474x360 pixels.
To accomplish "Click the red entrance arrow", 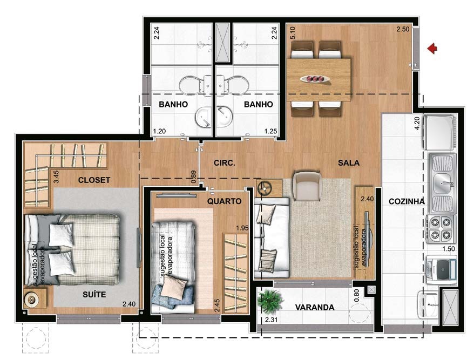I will [x=432, y=49].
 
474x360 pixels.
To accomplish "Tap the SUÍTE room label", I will [x=94, y=294].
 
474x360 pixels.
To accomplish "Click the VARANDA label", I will [x=315, y=307].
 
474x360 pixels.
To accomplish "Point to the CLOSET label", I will [x=94, y=180].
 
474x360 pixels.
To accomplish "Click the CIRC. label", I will [x=224, y=162].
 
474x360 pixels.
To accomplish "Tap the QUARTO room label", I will [x=224, y=201].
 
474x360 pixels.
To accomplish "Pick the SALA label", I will [x=349, y=162].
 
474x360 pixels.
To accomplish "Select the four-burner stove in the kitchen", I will [x=441, y=228].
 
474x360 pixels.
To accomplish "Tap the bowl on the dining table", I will [x=315, y=78].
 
